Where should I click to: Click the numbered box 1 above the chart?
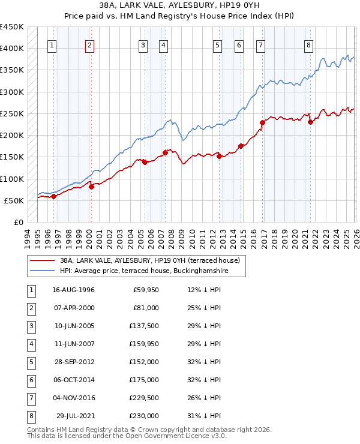pyautogui.click(x=53, y=45)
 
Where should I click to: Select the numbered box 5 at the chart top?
pyautogui.click(x=217, y=45)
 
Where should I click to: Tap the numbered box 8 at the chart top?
pyautogui.click(x=308, y=45)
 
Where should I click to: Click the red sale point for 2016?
pyautogui.click(x=262, y=123)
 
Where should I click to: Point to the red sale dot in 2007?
pyautogui.click(x=165, y=152)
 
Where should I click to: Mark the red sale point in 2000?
pyautogui.click(x=92, y=187)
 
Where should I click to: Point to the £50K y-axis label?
pyautogui.click(x=14, y=200)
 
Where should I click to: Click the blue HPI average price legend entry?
pyautogui.click(x=144, y=271)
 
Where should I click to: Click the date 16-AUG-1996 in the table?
pyautogui.click(x=73, y=290)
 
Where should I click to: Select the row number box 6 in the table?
pyautogui.click(x=30, y=380)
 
